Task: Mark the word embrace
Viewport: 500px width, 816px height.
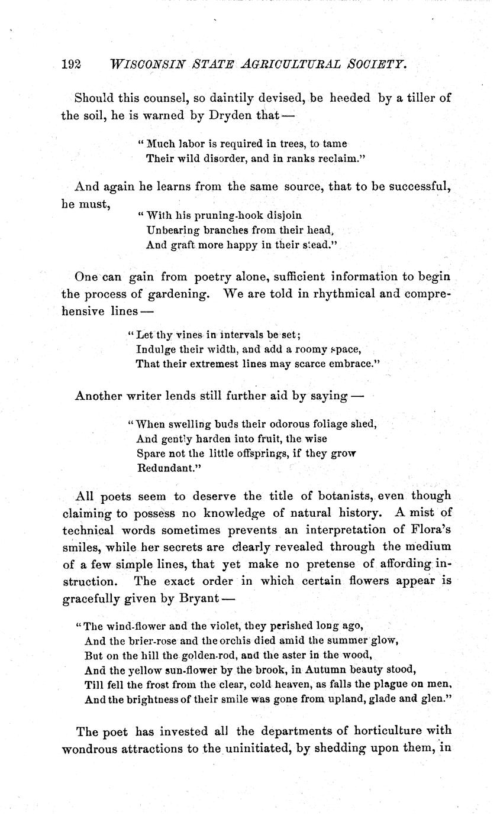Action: [x=347, y=364]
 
